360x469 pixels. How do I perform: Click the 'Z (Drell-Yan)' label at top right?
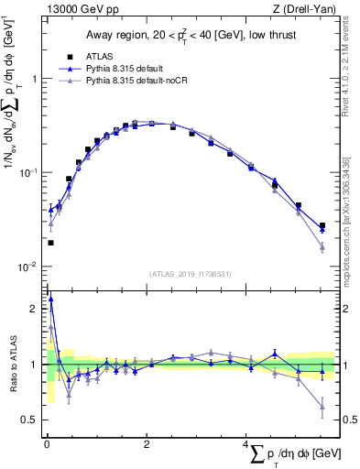pos(299,11)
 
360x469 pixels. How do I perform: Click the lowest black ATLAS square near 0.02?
pos(49,243)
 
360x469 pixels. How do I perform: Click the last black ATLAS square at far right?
pos(322,225)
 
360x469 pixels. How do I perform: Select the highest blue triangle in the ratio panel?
pos(49,298)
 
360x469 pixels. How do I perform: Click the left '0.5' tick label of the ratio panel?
pos(30,420)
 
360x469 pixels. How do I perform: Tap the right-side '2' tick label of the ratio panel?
pos(340,309)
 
